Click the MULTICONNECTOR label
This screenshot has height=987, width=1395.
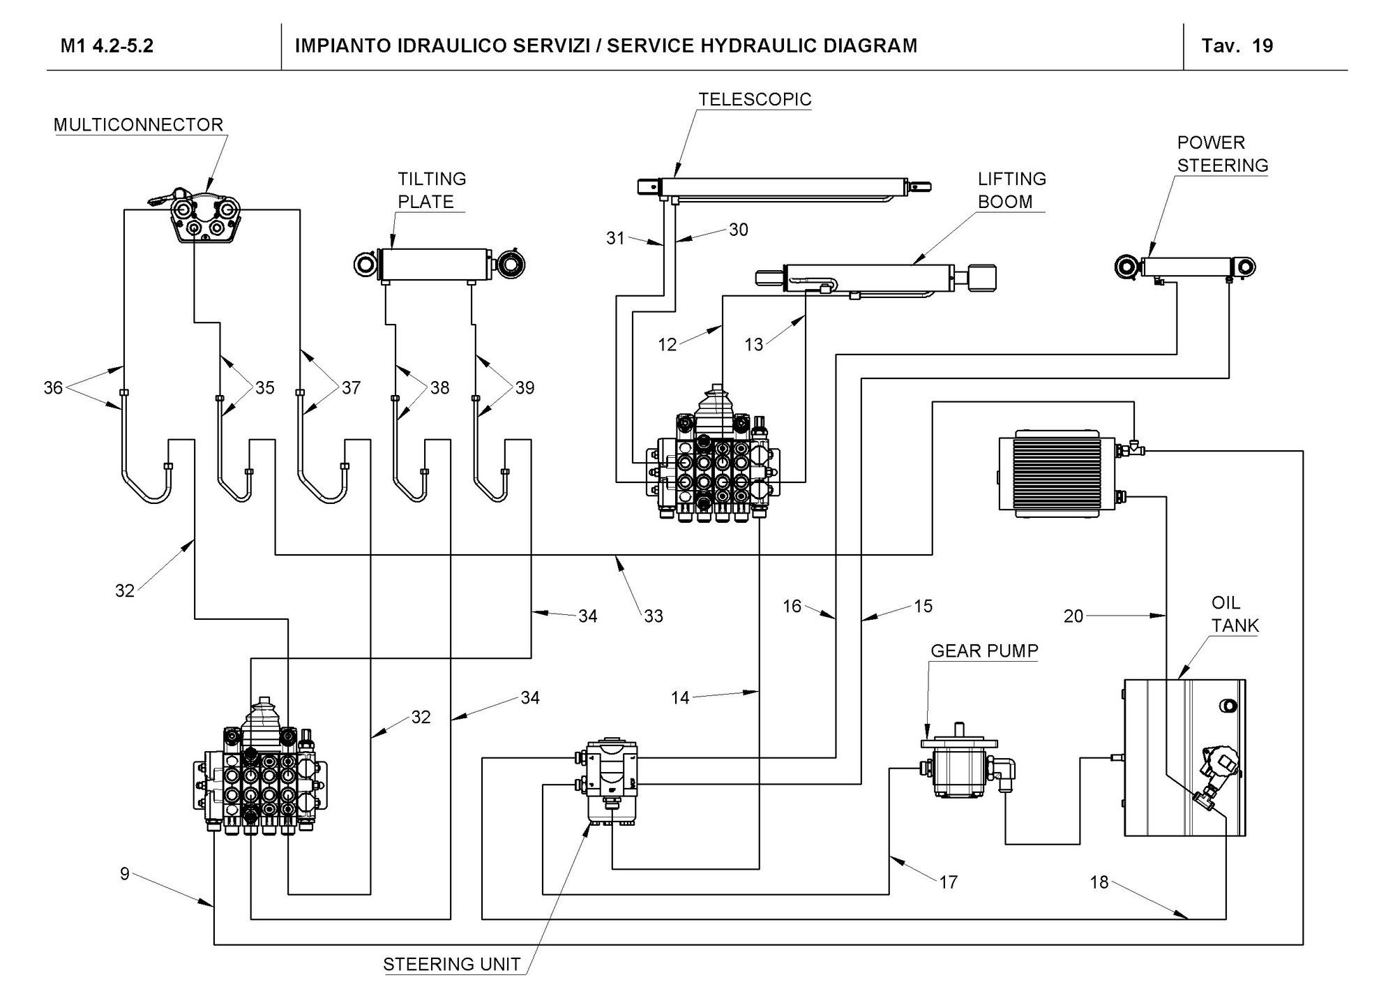139,125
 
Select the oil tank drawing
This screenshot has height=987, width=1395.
1185,757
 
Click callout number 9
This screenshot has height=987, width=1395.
125,874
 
